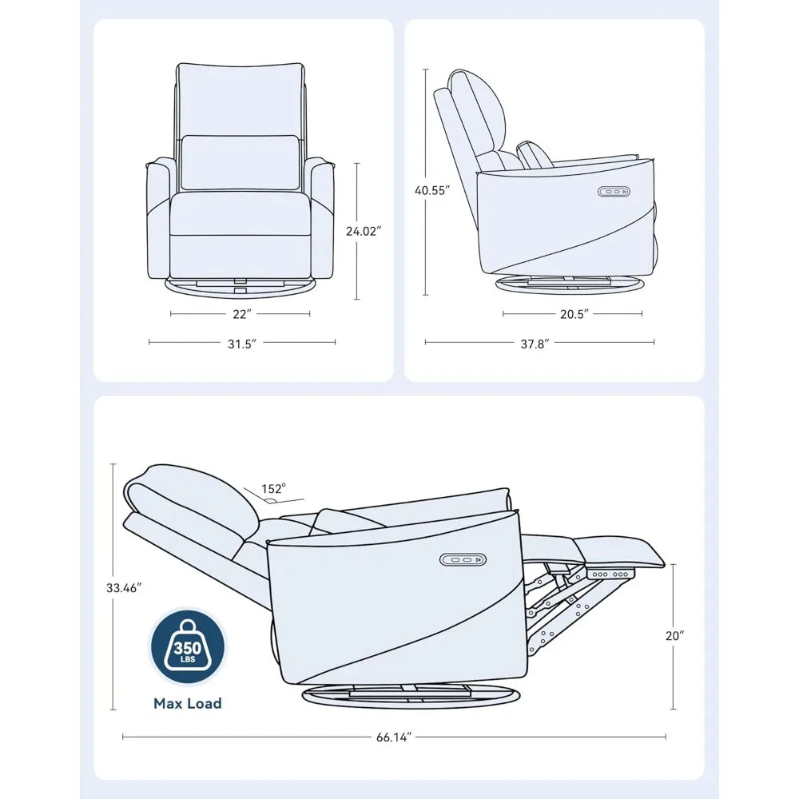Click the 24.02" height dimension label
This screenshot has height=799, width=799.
point(364,231)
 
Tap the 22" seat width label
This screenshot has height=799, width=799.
point(240,314)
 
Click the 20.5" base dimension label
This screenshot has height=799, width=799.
point(573,314)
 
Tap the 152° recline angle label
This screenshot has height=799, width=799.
point(272,488)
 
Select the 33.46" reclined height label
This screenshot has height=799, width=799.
point(124,588)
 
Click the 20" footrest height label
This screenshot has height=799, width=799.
point(674,635)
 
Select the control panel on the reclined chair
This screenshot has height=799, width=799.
point(459,560)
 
